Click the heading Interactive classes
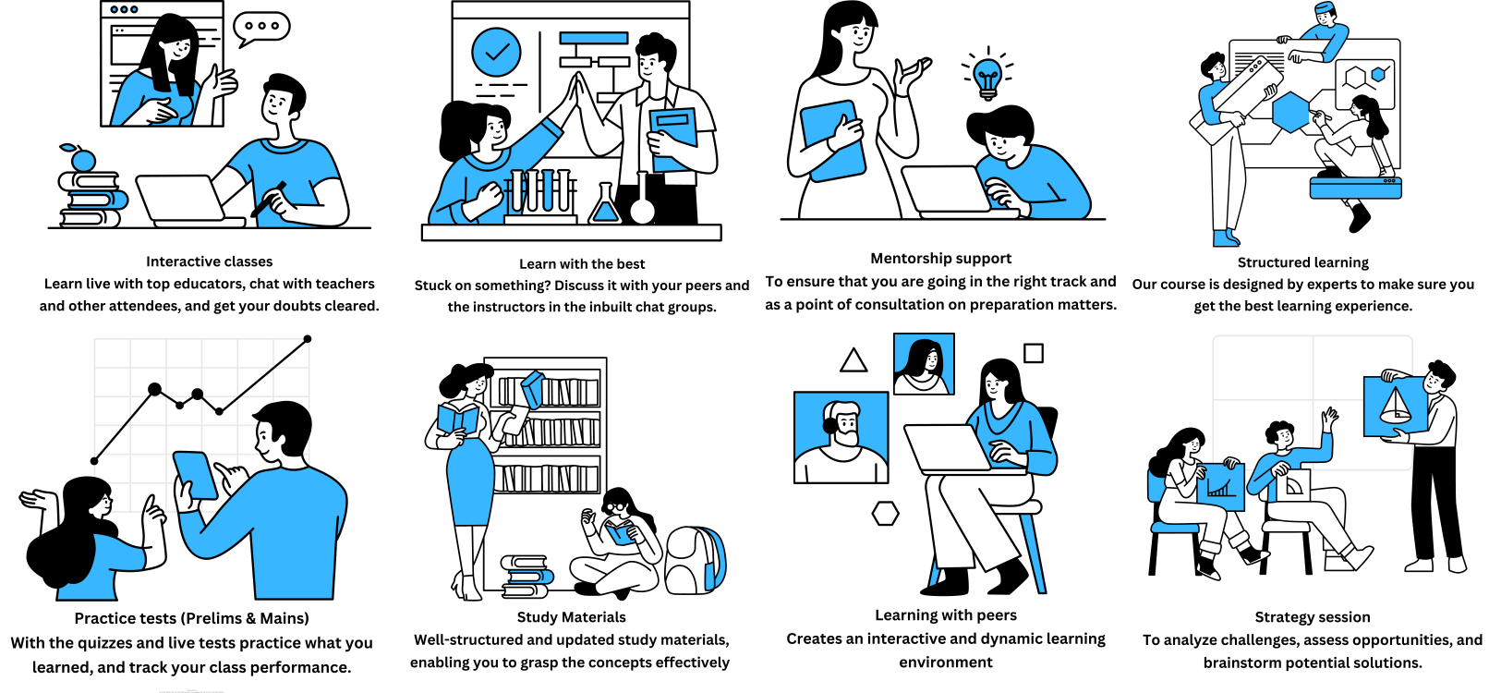(209, 261)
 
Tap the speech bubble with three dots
(261, 28)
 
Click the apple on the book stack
(82, 158)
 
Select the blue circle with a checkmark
(496, 52)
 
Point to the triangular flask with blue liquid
(604, 204)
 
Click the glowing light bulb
(987, 76)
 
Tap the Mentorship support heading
(941, 258)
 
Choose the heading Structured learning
(1302, 262)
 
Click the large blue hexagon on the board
(1290, 112)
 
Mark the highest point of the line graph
(308, 339)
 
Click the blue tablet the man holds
(195, 475)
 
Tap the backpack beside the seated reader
(695, 560)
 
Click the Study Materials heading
(571, 617)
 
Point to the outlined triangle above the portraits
(853, 360)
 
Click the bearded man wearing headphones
(841, 438)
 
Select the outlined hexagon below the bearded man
(885, 514)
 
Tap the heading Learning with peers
(946, 615)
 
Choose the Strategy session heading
(1312, 617)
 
